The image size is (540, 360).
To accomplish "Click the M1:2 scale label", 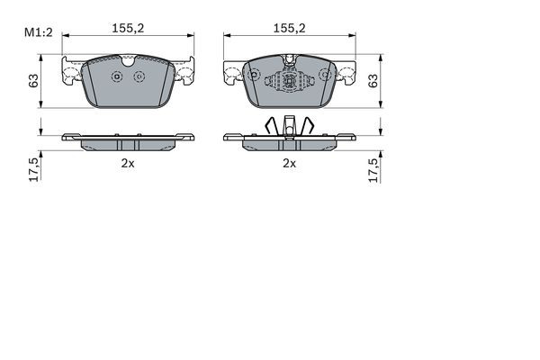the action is coord(38,32).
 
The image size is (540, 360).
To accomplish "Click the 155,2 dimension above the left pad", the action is coord(128,28).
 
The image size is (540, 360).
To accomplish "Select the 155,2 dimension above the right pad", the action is coord(289,28).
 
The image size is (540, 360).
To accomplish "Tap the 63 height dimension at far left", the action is coord(33,81).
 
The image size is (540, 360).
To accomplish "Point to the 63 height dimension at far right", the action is coord(373,81).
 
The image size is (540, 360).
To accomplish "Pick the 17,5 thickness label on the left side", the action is coord(34,170).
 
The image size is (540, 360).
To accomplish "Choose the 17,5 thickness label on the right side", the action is coord(373,170).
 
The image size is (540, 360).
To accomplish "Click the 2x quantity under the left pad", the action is coord(128,163).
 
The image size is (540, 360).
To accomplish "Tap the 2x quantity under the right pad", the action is coord(289,163).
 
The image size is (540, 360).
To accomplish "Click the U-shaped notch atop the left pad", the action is coord(128,62).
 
